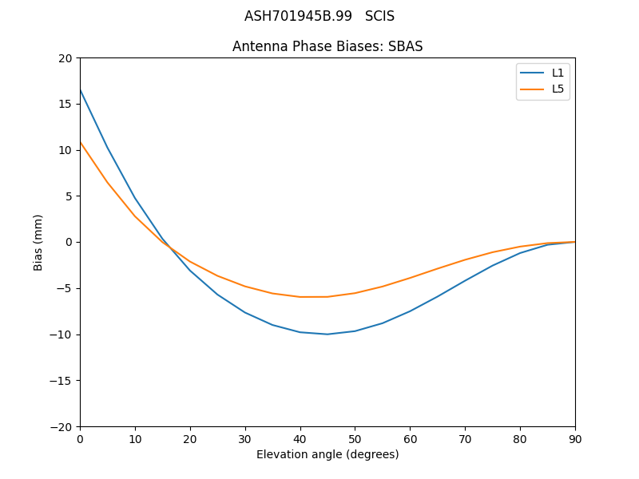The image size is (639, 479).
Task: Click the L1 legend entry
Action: click(558, 73)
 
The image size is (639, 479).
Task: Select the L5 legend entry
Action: click(558, 89)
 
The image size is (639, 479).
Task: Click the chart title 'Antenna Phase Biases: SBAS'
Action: click(327, 46)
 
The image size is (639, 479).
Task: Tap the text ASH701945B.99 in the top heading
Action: click(298, 16)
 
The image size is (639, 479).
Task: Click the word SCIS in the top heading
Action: click(379, 16)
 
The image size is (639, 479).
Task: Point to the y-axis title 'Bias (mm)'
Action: click(38, 242)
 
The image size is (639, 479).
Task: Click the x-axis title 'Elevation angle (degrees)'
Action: click(327, 454)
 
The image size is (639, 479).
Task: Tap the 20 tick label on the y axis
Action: click(65, 57)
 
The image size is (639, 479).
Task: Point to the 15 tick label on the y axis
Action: click(65, 104)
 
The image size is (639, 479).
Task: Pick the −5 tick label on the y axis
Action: click(64, 288)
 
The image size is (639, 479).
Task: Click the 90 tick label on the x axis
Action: click(575, 438)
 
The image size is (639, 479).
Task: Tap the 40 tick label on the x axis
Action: click(300, 438)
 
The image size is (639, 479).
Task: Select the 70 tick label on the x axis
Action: click(465, 438)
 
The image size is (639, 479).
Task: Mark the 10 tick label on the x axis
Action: click(135, 438)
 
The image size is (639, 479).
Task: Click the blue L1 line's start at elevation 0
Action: click(81, 90)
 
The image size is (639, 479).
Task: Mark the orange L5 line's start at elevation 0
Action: click(81, 142)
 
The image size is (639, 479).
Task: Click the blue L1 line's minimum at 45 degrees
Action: click(327, 334)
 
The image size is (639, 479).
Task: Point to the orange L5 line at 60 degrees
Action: click(410, 278)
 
